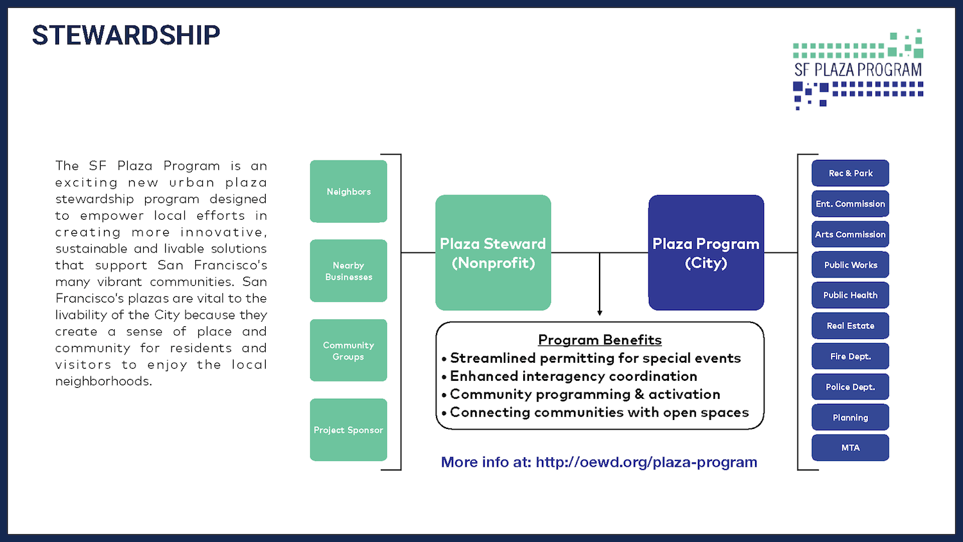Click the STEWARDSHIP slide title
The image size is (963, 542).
[126, 35]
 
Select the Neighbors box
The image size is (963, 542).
[349, 191]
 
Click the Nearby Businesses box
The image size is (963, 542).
[349, 271]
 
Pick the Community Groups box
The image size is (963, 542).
[349, 351]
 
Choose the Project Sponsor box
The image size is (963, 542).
[349, 430]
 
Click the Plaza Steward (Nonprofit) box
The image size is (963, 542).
[493, 252]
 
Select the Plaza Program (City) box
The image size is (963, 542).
[706, 252]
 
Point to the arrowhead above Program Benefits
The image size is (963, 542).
[600, 313]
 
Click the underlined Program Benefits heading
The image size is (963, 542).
[600, 340]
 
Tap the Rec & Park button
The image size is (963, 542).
[851, 173]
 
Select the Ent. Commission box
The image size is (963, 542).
[851, 204]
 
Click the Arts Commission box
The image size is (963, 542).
[851, 234]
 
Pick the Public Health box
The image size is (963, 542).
[851, 295]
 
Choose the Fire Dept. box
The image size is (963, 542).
[851, 356]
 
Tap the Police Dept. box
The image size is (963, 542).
[851, 387]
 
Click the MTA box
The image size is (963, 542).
[851, 448]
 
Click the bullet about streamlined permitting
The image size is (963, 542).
[591, 358]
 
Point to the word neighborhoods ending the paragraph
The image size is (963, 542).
[103, 381]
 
